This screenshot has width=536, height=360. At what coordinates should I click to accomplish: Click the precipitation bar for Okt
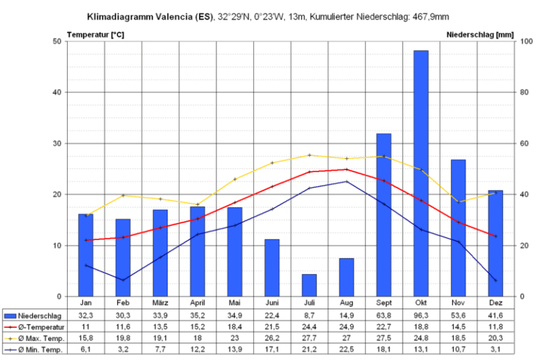pyautogui.click(x=421, y=174)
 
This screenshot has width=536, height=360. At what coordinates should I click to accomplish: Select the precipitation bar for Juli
pyautogui.click(x=309, y=285)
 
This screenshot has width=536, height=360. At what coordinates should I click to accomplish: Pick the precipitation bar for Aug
pyautogui.click(x=346, y=278)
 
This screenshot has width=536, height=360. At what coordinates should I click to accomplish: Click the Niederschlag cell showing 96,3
pyautogui.click(x=421, y=315)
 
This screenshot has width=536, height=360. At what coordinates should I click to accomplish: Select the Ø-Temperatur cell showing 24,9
pyautogui.click(x=346, y=327)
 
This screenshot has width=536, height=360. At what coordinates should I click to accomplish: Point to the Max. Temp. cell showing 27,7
pyautogui.click(x=309, y=338)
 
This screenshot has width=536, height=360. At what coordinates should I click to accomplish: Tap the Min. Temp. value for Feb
pyautogui.click(x=123, y=349)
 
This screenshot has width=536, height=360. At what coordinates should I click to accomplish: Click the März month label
pyautogui.click(x=160, y=303)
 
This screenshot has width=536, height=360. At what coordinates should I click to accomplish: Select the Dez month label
pyautogui.click(x=496, y=303)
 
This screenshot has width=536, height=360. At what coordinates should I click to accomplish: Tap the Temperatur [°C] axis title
pyautogui.click(x=96, y=33)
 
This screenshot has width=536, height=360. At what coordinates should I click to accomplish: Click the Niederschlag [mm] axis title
pyautogui.click(x=479, y=33)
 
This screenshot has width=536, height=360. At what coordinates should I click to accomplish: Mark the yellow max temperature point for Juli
pyautogui.click(x=309, y=155)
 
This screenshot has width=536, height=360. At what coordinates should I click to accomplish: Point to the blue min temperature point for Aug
pyautogui.click(x=346, y=181)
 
